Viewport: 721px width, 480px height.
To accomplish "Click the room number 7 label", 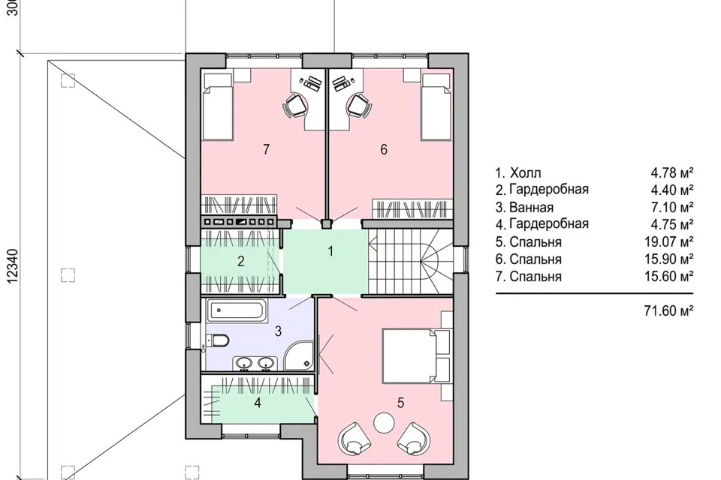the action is (x=266, y=149).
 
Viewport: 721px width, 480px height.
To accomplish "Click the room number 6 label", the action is (x=384, y=149).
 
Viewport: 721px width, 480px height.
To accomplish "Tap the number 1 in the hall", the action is (x=330, y=251).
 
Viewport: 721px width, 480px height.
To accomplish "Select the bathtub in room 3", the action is (x=237, y=311).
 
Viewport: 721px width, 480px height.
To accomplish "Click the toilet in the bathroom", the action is (x=218, y=340).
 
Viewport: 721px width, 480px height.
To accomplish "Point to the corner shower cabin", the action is (x=300, y=355).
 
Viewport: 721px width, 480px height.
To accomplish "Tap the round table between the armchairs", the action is (x=384, y=422).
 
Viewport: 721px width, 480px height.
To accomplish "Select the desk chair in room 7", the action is (x=294, y=106).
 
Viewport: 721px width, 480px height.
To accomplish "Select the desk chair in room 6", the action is (x=359, y=106).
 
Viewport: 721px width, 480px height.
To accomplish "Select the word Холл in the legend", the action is (x=526, y=173).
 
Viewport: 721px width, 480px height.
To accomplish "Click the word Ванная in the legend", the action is (x=531, y=207).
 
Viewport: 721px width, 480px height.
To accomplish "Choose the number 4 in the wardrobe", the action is (x=258, y=403).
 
